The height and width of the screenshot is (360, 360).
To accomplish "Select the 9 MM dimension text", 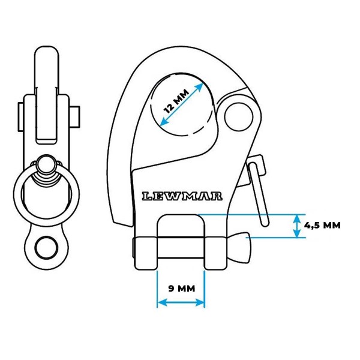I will tap(181, 288).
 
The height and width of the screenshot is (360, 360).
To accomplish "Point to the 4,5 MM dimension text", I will tap(322, 226).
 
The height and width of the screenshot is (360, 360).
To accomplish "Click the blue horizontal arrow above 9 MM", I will tap(181, 302).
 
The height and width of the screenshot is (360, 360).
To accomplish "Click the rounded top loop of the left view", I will tap(47, 60).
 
